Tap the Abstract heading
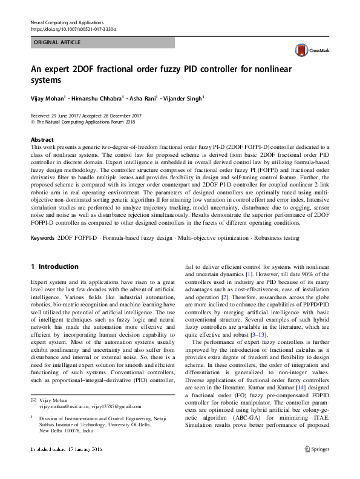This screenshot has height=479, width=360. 42,139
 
